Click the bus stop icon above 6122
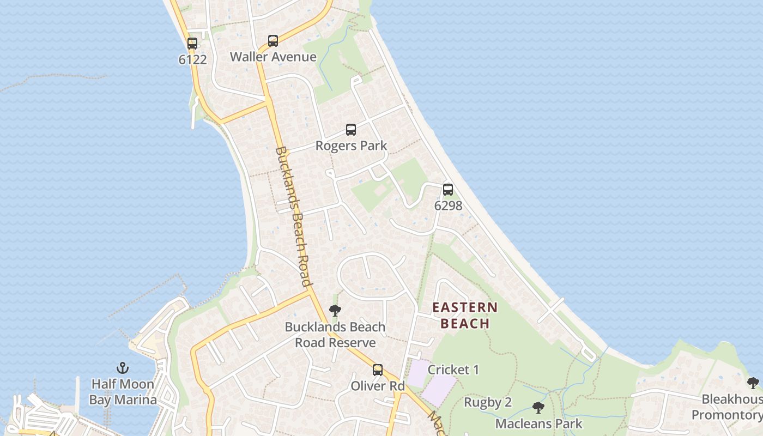(x=192, y=44)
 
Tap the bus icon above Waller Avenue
(x=273, y=41)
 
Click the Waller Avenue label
(x=273, y=57)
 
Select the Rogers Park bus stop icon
(x=351, y=130)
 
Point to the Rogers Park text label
(x=351, y=146)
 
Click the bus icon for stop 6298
(x=448, y=190)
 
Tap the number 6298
(x=448, y=205)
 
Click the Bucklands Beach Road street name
(x=293, y=216)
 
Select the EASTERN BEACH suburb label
(x=465, y=316)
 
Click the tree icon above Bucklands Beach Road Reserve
(x=335, y=311)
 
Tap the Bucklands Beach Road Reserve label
(x=335, y=335)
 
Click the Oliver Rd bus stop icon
(x=378, y=370)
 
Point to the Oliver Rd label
(x=378, y=386)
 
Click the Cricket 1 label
(x=453, y=370)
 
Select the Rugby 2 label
(x=488, y=402)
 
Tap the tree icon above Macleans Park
(x=538, y=408)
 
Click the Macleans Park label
(x=538, y=423)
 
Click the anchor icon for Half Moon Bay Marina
(x=123, y=368)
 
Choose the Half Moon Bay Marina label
(x=123, y=392)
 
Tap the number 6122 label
(x=192, y=59)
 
